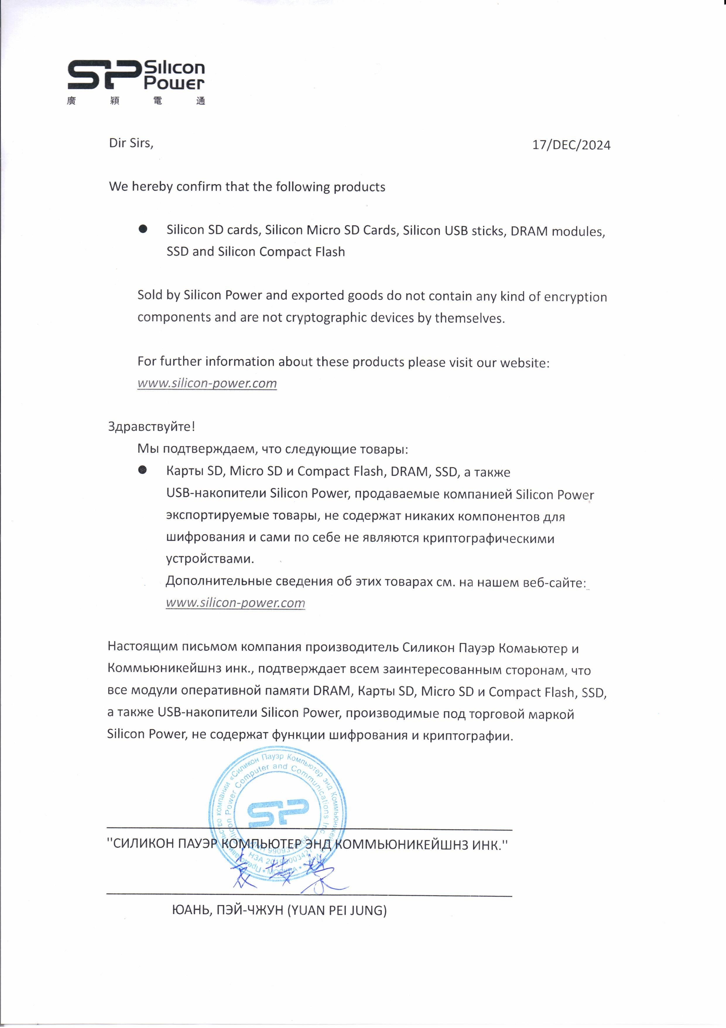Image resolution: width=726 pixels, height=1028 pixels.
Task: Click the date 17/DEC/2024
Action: pos(571,145)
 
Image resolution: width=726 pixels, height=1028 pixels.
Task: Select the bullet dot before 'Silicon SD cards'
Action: pos(143,229)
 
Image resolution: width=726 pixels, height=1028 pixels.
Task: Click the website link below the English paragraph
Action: pos(207,383)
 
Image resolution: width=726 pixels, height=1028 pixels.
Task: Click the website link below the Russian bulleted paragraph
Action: pos(235,603)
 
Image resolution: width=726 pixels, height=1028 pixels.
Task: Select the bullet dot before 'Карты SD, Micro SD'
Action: pos(143,470)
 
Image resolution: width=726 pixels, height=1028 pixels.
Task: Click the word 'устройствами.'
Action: pos(210,559)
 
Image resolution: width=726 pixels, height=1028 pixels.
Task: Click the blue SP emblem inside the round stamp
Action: pos(278,813)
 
